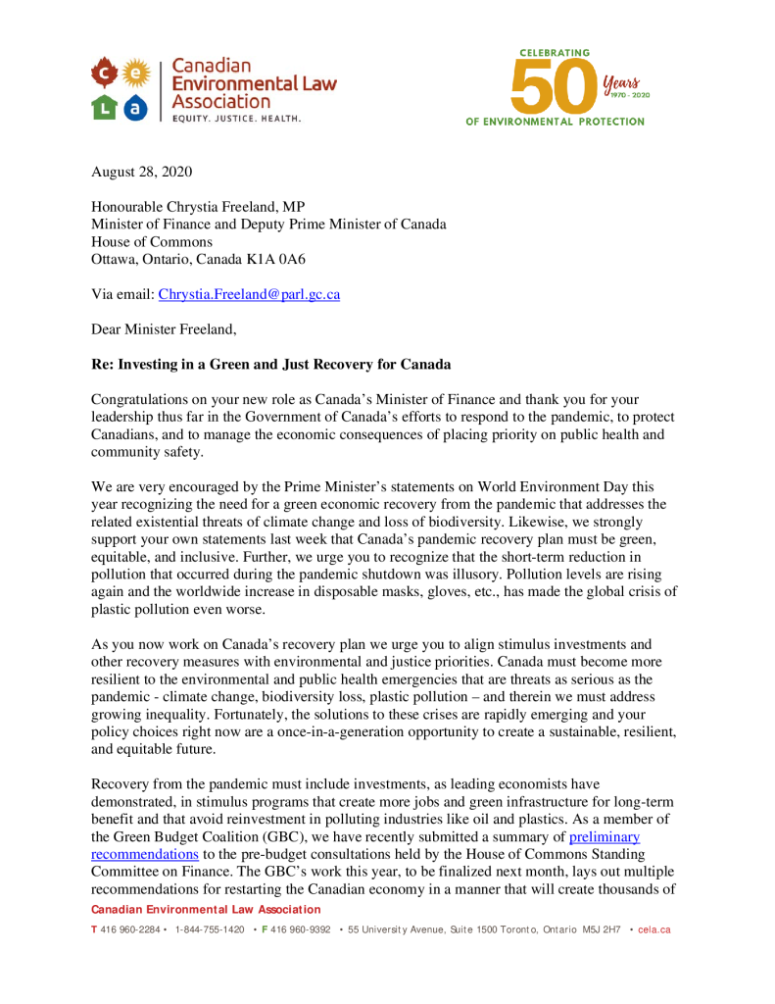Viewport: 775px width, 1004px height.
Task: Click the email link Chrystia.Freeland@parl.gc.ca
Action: [249, 294]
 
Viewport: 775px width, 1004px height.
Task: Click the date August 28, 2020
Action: [141, 172]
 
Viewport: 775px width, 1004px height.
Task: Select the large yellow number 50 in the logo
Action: [553, 85]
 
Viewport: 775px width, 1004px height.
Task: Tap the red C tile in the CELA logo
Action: [104, 72]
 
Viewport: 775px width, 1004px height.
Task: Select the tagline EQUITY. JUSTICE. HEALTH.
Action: [236, 119]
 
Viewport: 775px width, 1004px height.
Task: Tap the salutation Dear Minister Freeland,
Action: [164, 329]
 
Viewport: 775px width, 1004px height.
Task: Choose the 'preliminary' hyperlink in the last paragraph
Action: [605, 836]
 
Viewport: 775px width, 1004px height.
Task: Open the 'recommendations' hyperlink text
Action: [144, 854]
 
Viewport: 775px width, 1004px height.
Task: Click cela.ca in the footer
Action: [654, 929]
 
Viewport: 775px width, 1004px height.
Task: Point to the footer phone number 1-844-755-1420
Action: [209, 929]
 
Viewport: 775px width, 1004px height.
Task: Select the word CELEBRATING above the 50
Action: [555, 52]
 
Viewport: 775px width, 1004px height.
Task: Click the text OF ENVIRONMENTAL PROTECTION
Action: [555, 122]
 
